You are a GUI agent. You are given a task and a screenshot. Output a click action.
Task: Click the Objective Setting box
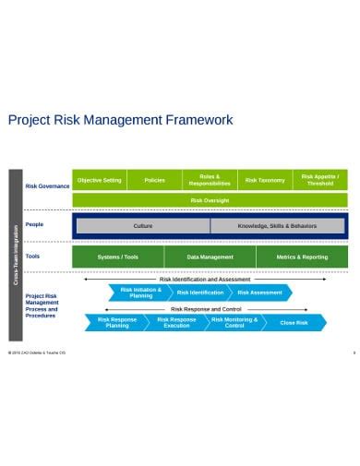coord(99,181)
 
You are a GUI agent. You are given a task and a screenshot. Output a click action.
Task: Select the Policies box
coord(154,181)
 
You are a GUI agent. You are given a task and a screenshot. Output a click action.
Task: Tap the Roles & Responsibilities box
coord(210,181)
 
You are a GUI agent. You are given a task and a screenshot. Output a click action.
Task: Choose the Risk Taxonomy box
coord(265,181)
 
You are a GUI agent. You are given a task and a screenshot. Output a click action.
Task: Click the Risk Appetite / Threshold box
coord(320,181)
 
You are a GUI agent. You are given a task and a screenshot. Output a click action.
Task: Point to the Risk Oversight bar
coord(210,200)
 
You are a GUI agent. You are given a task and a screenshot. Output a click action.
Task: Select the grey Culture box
coord(143,226)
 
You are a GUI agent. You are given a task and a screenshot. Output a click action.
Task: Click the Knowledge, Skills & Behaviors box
coord(277,226)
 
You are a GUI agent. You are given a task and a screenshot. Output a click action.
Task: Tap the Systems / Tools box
coord(118,257)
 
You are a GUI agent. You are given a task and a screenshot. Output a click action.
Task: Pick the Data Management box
coord(210,257)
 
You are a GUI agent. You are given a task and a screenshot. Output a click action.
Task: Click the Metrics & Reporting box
coord(302,257)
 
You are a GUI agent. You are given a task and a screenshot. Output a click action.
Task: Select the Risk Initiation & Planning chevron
coord(140,293)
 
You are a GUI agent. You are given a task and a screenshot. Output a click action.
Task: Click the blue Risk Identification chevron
coord(200,293)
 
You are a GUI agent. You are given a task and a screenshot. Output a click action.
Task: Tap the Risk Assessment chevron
coord(260,293)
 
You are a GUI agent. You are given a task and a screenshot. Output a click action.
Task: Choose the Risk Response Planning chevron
coord(117,323)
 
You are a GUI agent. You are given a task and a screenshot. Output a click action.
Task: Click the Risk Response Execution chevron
coord(176,323)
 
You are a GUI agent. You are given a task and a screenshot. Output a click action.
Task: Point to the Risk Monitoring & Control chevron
coord(234,323)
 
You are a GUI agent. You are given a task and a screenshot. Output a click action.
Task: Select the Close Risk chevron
coord(294,323)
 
